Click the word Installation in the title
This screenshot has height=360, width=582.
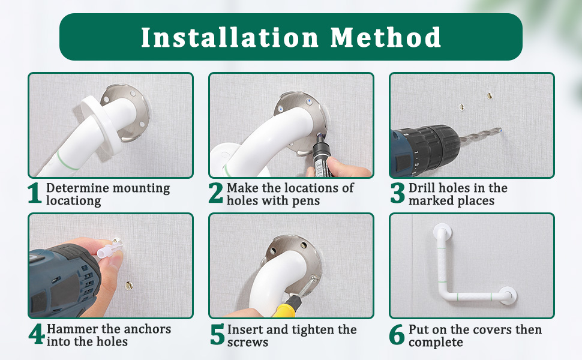(230, 37)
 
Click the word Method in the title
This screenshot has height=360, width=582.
(386, 37)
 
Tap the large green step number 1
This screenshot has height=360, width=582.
(35, 193)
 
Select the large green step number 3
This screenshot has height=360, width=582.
(398, 193)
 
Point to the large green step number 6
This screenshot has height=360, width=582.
(397, 334)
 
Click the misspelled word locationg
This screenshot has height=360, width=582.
(73, 201)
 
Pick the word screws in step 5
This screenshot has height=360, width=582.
(248, 342)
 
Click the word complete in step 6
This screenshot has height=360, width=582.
(436, 343)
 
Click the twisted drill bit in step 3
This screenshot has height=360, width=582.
(481, 135)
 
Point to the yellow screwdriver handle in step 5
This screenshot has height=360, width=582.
(286, 307)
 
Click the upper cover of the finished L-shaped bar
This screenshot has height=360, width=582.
(442, 232)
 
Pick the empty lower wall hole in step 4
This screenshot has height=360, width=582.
(129, 285)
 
